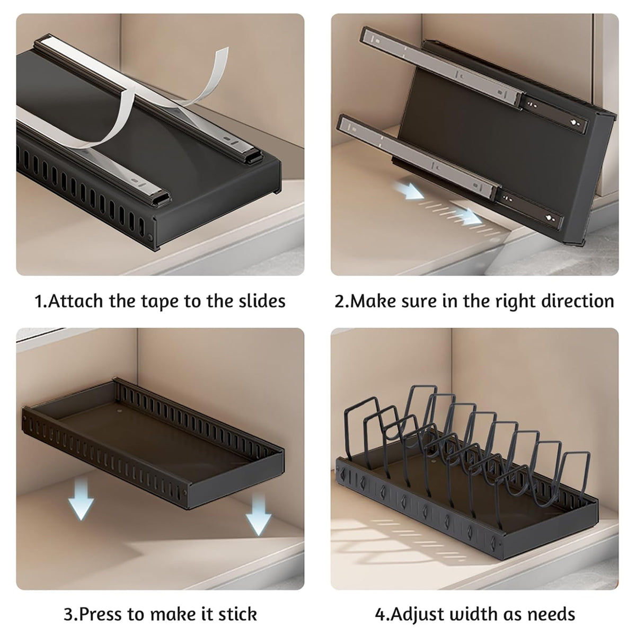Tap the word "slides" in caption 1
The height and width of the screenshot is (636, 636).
pos(262,301)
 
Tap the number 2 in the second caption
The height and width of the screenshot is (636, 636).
pos(339,301)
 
